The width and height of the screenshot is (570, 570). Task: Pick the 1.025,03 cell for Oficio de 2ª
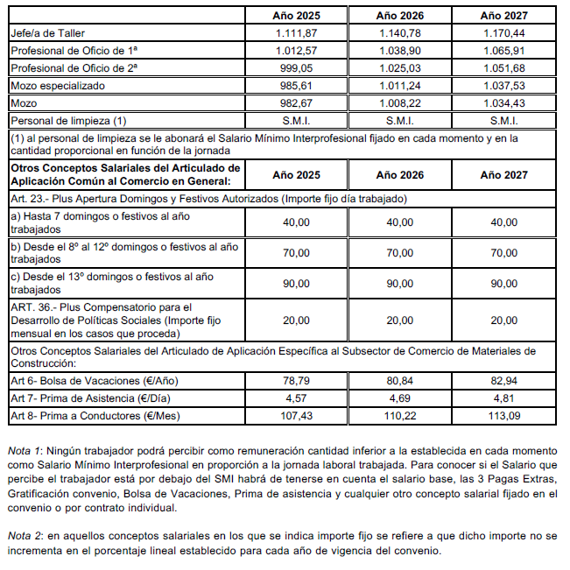click(x=400, y=68)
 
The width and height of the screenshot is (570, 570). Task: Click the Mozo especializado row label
click(x=57, y=86)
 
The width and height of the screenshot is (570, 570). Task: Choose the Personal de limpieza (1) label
click(x=68, y=120)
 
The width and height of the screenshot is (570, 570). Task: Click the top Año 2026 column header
click(x=400, y=15)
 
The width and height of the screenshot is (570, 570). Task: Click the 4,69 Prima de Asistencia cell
click(x=400, y=398)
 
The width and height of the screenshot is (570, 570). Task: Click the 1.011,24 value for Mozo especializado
click(x=400, y=86)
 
